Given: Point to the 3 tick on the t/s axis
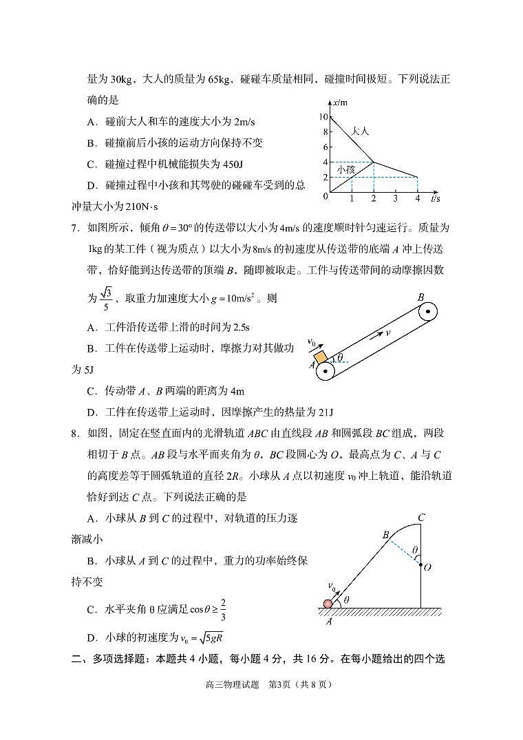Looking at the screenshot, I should tap(395, 198).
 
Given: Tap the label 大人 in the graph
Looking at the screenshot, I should tap(360, 130).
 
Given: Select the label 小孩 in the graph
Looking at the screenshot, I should tap(345, 169).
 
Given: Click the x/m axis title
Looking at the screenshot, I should tap(339, 103).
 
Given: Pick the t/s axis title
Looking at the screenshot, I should tap(435, 198).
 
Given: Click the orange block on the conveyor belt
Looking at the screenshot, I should tap(321, 358).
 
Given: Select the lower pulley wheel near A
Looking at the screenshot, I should tap(324, 370).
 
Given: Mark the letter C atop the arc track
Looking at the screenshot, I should tap(421, 518).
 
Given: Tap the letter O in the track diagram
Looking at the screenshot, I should tap(427, 567).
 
